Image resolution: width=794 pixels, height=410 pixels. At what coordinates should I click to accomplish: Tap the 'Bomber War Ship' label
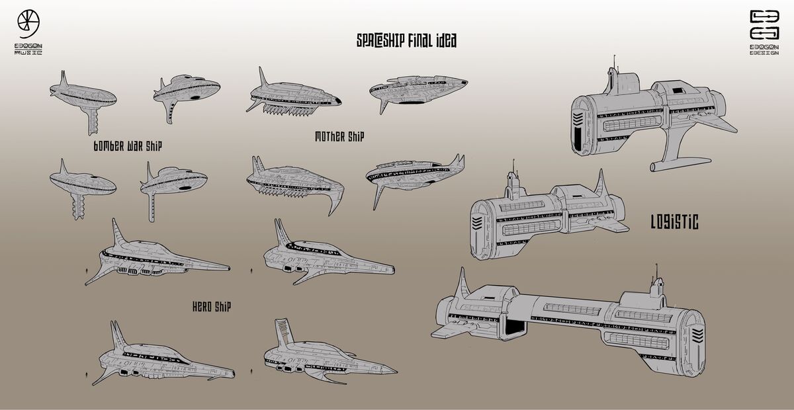128,146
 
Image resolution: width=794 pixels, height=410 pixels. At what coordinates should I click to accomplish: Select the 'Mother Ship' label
340,137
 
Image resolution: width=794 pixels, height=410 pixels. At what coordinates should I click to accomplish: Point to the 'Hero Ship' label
211,306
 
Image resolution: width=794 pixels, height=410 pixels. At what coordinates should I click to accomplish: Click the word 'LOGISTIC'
674,223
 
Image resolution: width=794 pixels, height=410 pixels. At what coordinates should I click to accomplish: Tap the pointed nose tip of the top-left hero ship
228,268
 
